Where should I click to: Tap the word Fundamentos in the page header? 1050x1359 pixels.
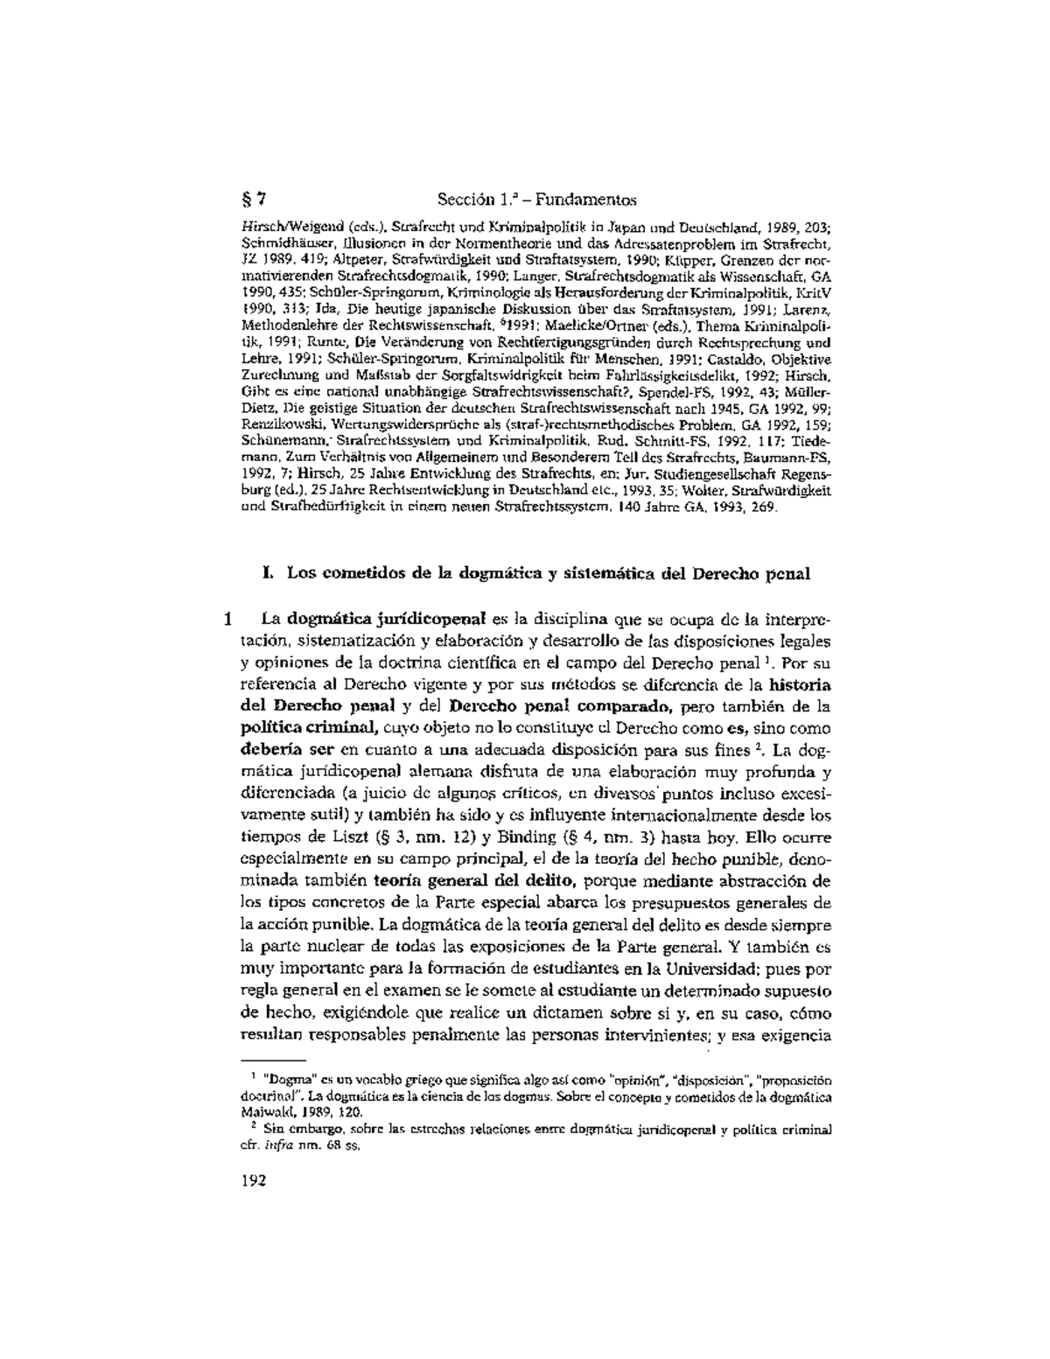589,200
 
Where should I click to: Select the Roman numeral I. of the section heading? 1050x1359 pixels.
267,574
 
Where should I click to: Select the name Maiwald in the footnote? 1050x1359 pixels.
267,1111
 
